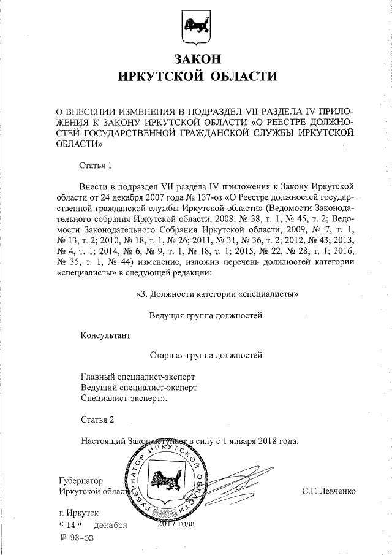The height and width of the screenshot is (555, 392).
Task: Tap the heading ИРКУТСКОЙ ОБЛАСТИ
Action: point(196,77)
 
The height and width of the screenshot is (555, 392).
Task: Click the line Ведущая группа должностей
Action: point(206,315)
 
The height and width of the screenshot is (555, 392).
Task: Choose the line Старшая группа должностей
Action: point(206,354)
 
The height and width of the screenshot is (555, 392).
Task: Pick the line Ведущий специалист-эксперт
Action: point(139,387)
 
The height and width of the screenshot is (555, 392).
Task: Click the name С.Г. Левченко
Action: point(328,491)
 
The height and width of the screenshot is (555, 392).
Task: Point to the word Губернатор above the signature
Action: point(81,480)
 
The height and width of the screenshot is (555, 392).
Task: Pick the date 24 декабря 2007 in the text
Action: point(144,196)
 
